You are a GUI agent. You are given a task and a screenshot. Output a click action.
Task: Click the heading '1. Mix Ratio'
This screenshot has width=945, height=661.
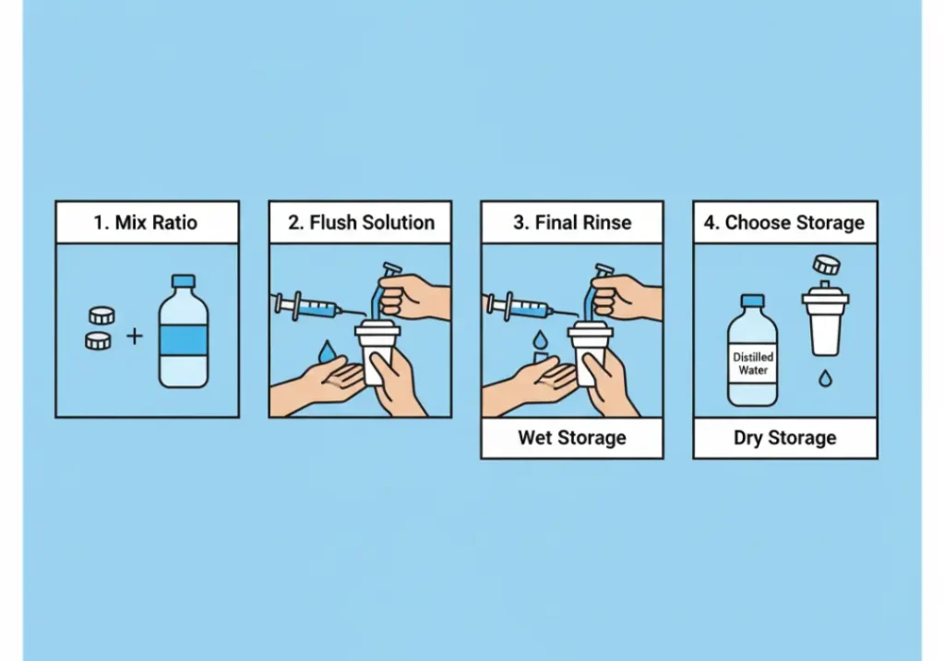(145, 223)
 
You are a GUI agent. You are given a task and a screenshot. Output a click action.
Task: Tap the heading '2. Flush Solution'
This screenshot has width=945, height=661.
(361, 223)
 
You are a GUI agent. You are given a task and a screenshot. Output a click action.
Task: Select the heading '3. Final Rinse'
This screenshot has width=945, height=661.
(572, 223)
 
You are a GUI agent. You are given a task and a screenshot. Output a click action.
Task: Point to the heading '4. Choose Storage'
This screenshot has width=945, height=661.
(784, 223)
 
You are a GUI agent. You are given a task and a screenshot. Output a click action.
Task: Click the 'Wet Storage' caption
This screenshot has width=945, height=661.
(572, 438)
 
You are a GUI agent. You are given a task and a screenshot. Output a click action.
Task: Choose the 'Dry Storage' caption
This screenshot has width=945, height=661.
(784, 438)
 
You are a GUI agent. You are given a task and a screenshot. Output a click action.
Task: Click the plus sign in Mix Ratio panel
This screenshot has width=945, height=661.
(135, 336)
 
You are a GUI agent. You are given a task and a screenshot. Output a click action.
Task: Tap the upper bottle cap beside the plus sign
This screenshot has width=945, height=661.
(102, 315)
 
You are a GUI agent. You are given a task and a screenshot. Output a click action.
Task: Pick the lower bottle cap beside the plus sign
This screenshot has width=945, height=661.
(98, 341)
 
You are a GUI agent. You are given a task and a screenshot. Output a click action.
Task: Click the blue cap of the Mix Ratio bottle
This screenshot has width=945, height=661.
(184, 281)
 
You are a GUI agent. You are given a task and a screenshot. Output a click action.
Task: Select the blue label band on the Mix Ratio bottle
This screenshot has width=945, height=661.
(184, 340)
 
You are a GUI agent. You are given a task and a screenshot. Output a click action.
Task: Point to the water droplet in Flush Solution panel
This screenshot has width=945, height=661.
(327, 351)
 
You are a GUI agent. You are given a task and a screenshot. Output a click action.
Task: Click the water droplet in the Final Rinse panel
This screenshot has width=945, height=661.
(540, 340)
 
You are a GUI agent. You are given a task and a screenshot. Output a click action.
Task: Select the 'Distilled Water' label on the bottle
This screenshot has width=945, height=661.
(753, 363)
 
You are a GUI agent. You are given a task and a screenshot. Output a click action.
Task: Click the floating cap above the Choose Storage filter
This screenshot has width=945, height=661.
(826, 265)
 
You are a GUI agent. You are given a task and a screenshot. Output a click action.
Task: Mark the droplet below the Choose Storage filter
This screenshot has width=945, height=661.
(825, 379)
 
